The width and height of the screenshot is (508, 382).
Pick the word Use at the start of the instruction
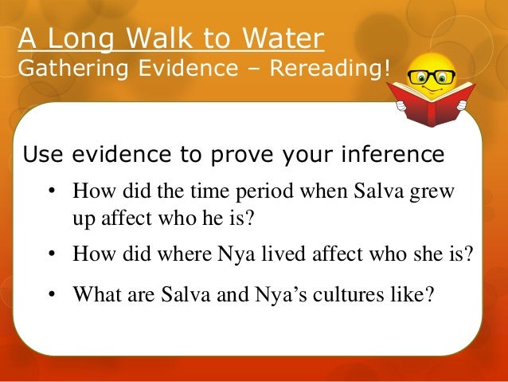click(41, 152)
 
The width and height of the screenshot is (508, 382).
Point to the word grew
click(442, 193)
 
